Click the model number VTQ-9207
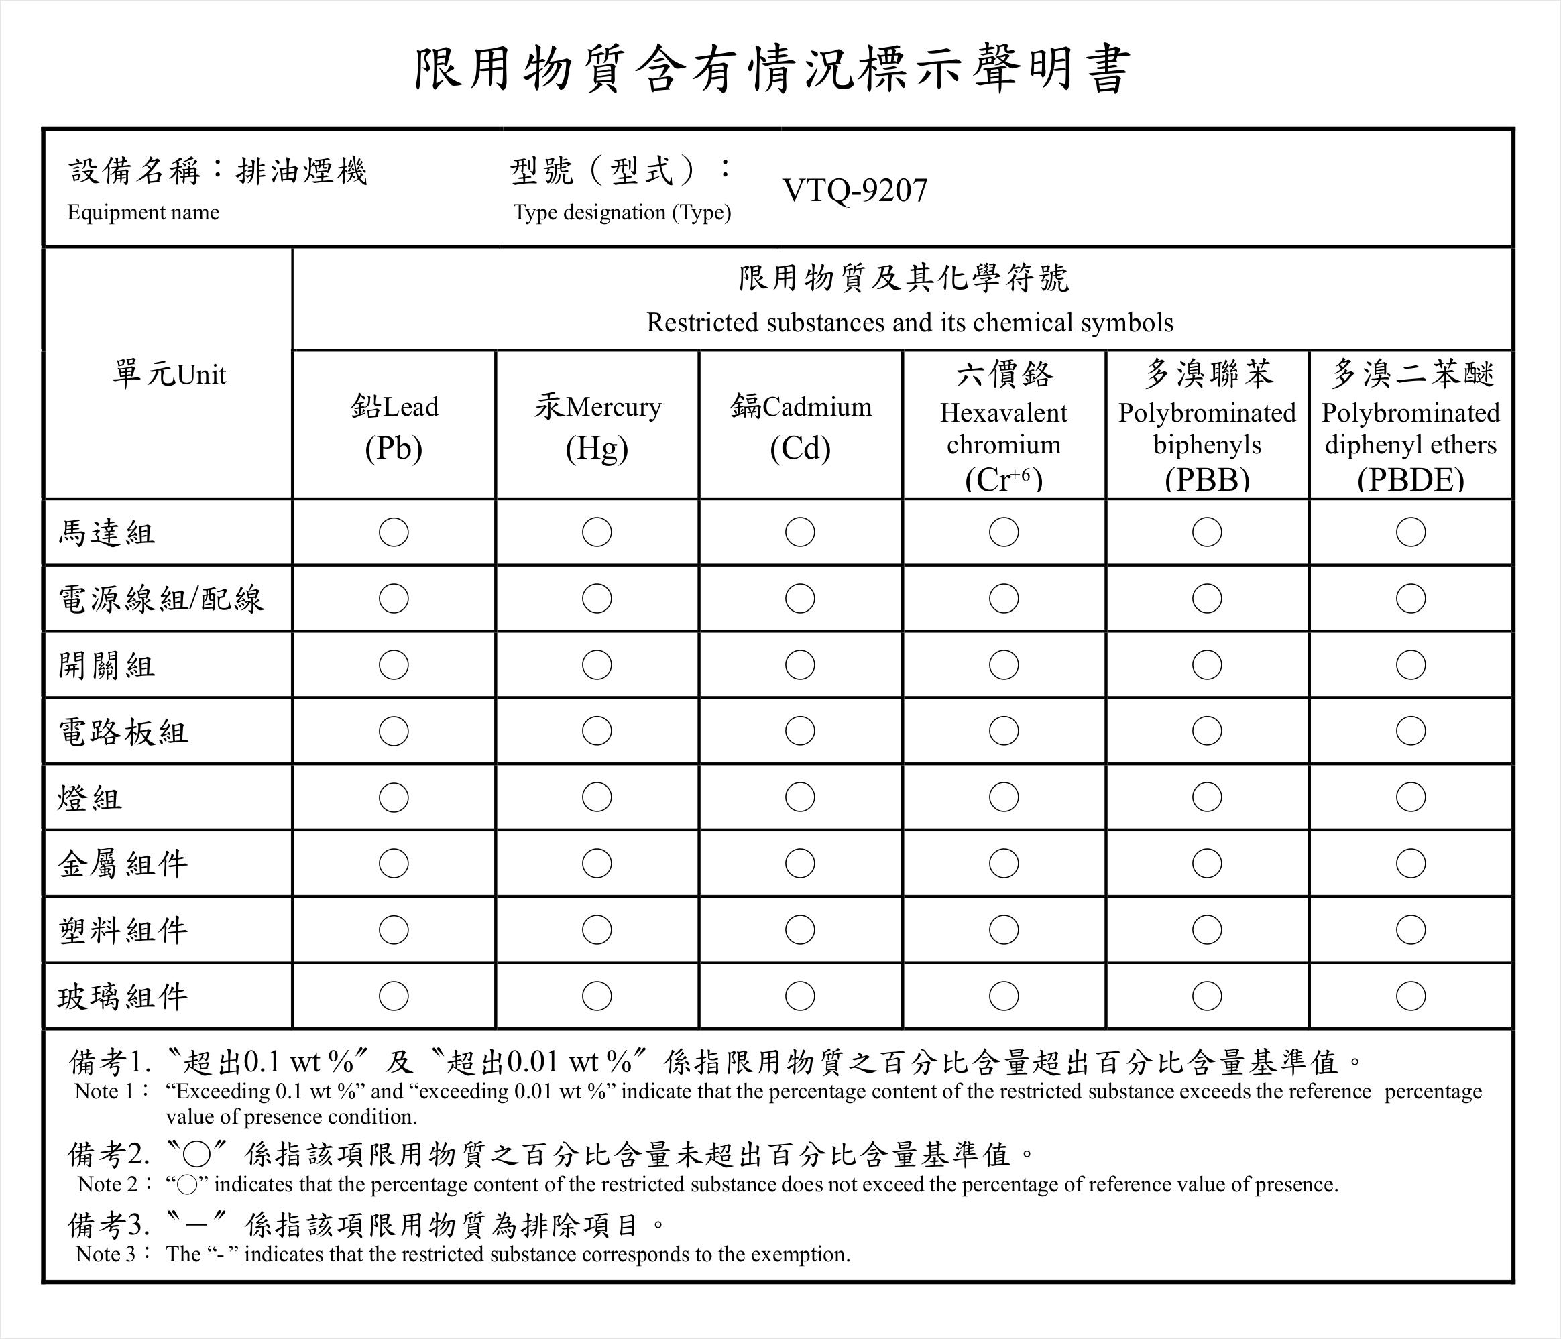click(x=854, y=190)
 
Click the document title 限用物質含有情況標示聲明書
click(x=772, y=68)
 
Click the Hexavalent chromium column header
click(x=1004, y=426)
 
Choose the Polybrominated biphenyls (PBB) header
click(x=1207, y=426)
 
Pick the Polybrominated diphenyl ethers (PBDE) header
click(x=1410, y=426)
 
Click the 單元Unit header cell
click(x=169, y=373)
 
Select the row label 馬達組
click(x=107, y=534)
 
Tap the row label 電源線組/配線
click(x=161, y=599)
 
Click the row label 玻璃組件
click(x=123, y=997)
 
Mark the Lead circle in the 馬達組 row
click(x=393, y=532)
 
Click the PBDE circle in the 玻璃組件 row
click(x=1410, y=996)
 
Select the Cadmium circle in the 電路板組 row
click(x=800, y=731)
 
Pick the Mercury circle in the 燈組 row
click(x=597, y=797)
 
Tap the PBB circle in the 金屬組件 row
click(x=1207, y=864)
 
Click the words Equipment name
click(x=143, y=213)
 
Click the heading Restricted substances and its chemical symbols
click(x=909, y=323)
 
